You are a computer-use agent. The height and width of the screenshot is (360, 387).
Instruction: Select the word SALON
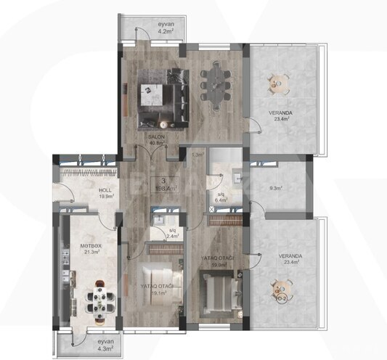[155, 136]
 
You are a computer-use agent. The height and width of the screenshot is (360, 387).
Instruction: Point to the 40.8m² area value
[156, 143]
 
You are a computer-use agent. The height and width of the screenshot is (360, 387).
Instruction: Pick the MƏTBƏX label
[91, 247]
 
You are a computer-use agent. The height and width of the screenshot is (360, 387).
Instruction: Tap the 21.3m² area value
[91, 253]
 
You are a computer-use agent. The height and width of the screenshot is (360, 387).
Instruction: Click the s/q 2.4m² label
[172, 233]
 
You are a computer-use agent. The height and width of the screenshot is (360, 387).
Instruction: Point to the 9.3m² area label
[276, 189]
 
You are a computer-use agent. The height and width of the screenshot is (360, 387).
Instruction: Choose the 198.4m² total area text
[165, 187]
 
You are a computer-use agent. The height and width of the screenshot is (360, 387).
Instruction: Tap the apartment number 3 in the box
[165, 179]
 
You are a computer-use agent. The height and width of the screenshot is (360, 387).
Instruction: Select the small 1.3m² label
[196, 155]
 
